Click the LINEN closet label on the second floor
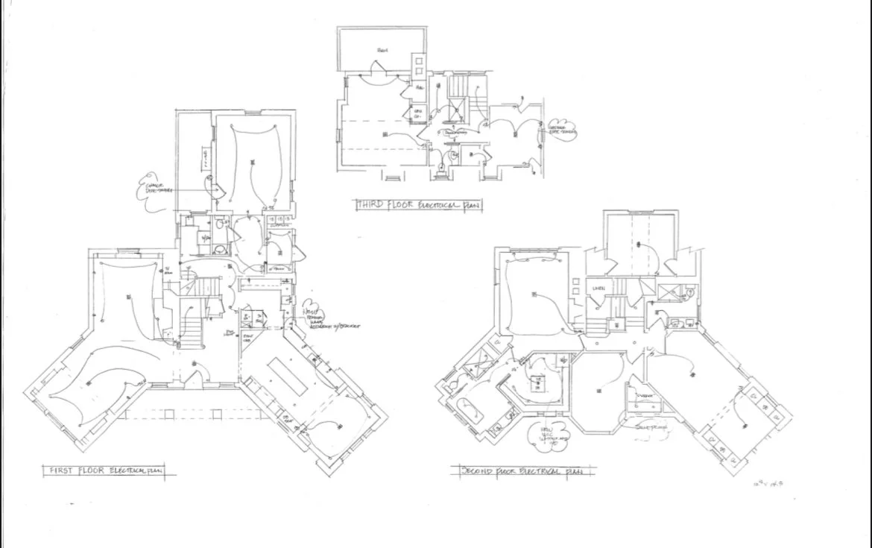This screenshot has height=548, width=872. [x=598, y=287]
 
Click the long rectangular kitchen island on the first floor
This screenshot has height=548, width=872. [x=288, y=377]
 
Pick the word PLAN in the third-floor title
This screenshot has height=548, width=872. [x=470, y=203]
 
